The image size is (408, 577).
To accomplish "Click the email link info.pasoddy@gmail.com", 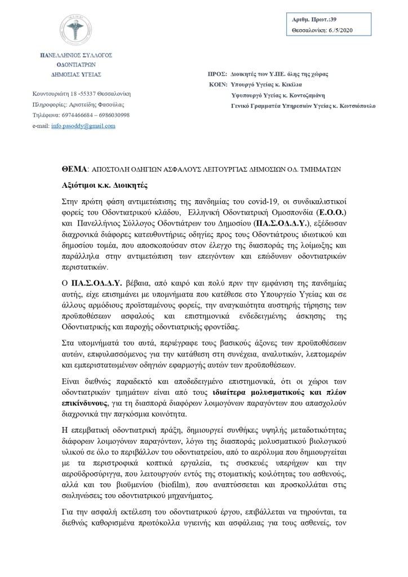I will point(83,126).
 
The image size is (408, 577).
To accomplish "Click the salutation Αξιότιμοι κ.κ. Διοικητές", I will point(105,184).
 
